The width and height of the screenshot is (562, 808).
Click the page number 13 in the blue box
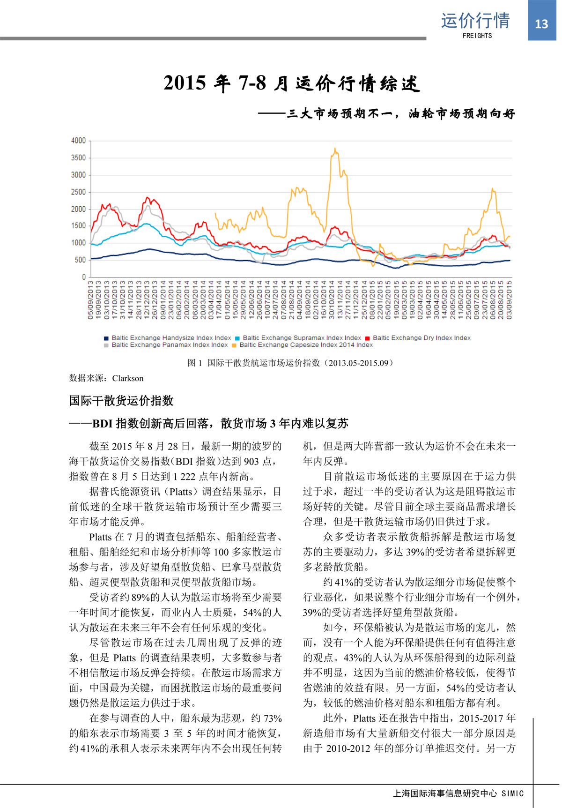click(541, 24)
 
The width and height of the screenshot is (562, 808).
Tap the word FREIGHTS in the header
click(477, 36)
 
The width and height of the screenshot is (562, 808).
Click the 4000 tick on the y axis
click(79, 141)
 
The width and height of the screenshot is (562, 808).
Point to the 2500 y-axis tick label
click(79, 192)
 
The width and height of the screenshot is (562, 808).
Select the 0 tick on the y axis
click(84, 277)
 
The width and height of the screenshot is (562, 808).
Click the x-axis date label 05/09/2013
click(91, 300)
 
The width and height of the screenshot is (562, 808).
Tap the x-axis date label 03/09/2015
click(509, 300)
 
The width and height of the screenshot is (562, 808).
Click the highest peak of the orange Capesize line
click(335, 149)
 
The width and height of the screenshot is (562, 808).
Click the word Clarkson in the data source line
click(128, 378)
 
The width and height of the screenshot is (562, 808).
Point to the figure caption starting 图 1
click(290, 363)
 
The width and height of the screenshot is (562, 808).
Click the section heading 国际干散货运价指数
click(121, 401)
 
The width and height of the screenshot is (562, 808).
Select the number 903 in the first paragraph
click(251, 461)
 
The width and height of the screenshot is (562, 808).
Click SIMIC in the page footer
click(512, 793)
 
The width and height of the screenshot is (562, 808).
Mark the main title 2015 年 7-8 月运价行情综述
click(292, 83)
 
